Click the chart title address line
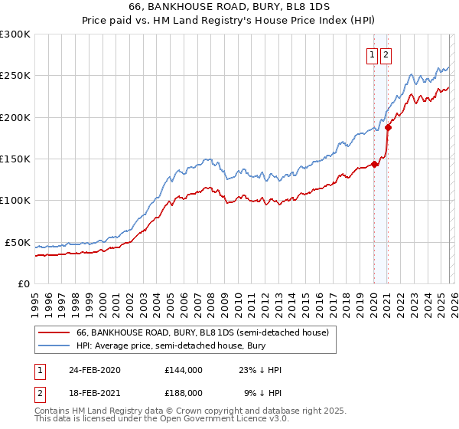(x=229, y=8)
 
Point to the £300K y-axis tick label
(x=15, y=34)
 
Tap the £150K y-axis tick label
(x=15, y=159)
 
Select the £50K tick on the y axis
(x=18, y=242)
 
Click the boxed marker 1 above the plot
(x=372, y=54)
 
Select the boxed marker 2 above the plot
(x=386, y=54)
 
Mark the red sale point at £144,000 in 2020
(x=374, y=163)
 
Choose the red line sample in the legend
(x=54, y=332)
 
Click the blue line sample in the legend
(x=54, y=346)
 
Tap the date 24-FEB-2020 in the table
(x=95, y=370)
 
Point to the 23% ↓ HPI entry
(x=260, y=370)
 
